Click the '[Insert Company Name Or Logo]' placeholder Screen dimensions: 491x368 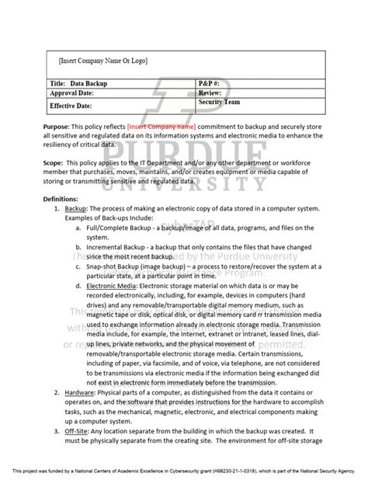click(102, 60)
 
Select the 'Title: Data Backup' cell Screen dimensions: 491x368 click(79, 82)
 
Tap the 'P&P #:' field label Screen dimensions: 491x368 click(212, 82)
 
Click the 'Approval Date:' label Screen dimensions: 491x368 click(76, 93)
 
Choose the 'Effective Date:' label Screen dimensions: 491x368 click(75, 105)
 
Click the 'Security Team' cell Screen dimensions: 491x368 click(220, 102)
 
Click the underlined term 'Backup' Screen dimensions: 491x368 click(75, 210)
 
